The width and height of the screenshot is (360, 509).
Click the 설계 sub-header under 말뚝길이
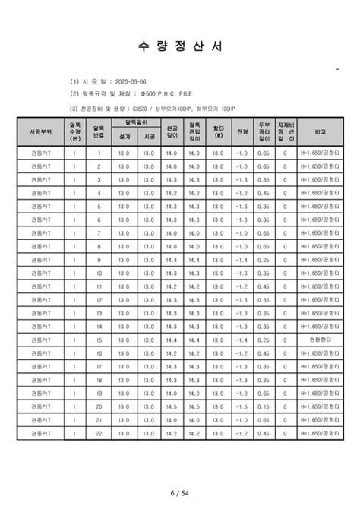point(124,138)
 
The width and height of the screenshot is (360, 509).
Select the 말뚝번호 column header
point(98,131)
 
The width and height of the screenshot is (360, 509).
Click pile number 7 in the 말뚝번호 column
point(98,232)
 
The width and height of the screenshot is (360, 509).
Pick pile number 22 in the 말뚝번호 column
point(98,434)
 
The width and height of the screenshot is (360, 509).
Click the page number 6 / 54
point(180,495)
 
